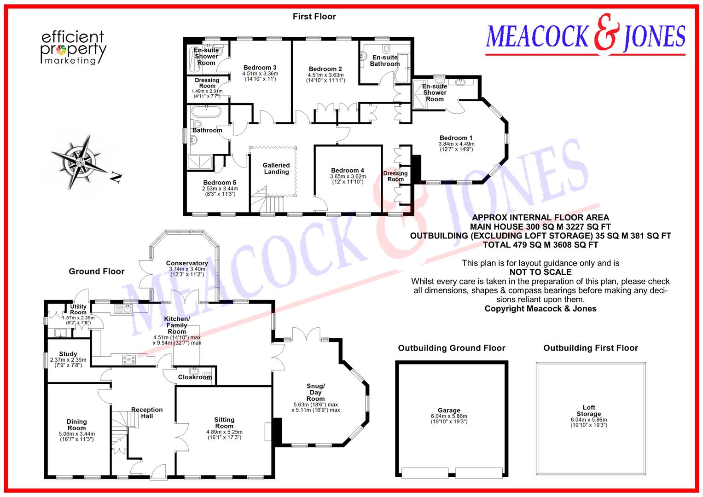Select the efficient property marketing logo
click(x=73, y=48)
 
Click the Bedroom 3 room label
click(x=260, y=68)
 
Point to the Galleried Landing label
click(x=276, y=168)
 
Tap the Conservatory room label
click(x=187, y=263)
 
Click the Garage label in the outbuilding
click(x=449, y=410)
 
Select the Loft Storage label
click(x=589, y=410)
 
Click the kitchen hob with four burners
click(x=129, y=360)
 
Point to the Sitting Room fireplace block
click(x=277, y=431)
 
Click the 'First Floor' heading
click(x=314, y=17)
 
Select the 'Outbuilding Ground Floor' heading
click(x=451, y=348)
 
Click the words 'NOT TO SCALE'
click(x=540, y=272)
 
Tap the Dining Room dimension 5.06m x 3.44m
click(x=76, y=433)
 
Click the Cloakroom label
click(x=195, y=377)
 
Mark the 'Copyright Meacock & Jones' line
click(x=540, y=309)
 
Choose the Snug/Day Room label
click(x=315, y=392)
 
